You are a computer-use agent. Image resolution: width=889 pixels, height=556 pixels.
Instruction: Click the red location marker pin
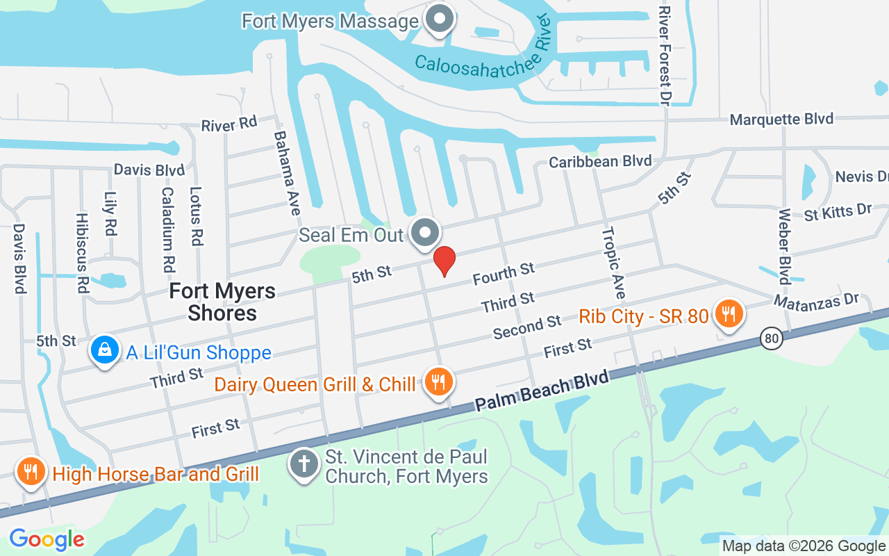(444, 261)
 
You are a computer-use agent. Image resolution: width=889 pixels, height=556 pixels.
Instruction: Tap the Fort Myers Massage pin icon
(439, 19)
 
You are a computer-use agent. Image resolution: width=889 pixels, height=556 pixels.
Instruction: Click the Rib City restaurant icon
(728, 314)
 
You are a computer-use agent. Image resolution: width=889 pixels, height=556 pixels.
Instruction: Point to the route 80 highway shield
(771, 339)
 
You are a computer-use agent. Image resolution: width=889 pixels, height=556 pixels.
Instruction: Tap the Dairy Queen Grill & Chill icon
(438, 382)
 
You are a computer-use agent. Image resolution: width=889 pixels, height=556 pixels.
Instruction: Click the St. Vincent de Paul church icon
(304, 464)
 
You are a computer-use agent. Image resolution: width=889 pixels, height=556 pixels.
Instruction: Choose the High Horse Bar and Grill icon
(30, 473)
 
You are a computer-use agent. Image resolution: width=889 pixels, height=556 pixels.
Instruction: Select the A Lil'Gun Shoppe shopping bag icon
(104, 351)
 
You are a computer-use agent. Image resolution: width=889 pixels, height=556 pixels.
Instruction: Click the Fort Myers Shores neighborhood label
(222, 302)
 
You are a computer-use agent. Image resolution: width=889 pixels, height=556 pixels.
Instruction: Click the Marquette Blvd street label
(781, 120)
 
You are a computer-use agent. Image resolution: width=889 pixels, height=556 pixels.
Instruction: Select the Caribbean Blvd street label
(600, 161)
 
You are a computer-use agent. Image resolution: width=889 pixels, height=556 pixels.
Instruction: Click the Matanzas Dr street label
(816, 301)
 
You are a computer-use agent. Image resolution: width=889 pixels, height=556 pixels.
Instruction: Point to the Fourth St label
(504, 273)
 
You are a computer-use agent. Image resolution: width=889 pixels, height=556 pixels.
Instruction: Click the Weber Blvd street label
(785, 246)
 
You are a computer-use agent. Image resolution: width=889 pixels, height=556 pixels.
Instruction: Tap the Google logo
(47, 539)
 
